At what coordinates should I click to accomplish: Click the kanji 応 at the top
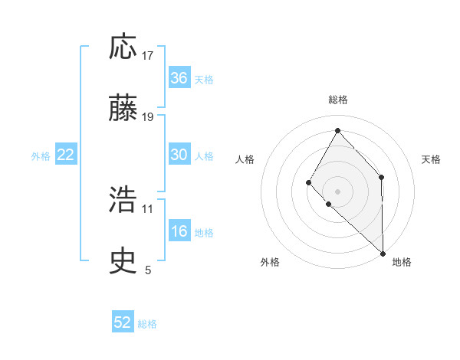pyautogui.click(x=123, y=47)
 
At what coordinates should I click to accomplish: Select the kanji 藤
pyautogui.click(x=123, y=109)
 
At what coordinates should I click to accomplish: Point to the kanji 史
pyautogui.click(x=123, y=262)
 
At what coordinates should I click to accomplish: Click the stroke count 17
pyautogui.click(x=148, y=56)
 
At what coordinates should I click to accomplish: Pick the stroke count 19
pyautogui.click(x=148, y=117)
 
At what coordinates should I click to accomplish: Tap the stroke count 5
pyautogui.click(x=148, y=270)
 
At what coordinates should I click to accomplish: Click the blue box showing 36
pyautogui.click(x=179, y=78)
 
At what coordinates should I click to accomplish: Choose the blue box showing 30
pyautogui.click(x=179, y=155)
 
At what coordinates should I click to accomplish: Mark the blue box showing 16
pyautogui.click(x=179, y=231)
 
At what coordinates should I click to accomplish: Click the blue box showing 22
pyautogui.click(x=66, y=155)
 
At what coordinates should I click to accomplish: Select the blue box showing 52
pyautogui.click(x=123, y=322)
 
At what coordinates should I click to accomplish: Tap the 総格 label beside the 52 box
pyautogui.click(x=147, y=324)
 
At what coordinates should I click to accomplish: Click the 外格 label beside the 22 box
pyautogui.click(x=41, y=156)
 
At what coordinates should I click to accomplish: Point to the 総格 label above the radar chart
pyautogui.click(x=337, y=100)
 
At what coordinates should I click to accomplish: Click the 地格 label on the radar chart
pyautogui.click(x=402, y=262)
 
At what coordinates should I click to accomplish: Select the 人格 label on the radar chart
pyautogui.click(x=245, y=159)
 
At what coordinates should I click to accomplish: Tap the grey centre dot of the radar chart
pyautogui.click(x=337, y=191)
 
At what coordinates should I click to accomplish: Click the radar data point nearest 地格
pyautogui.click(x=383, y=253)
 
